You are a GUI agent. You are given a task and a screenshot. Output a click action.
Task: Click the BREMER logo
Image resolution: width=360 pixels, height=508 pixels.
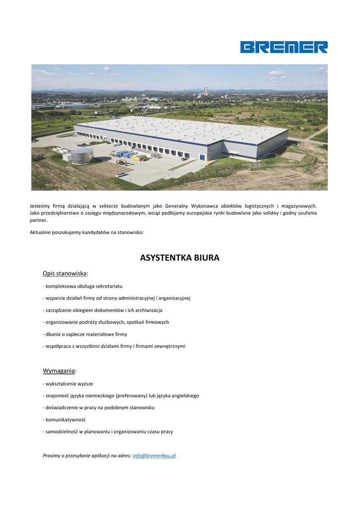click(x=284, y=47)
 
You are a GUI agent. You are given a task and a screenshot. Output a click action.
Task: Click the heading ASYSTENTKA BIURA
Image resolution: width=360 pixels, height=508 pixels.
click(x=180, y=258)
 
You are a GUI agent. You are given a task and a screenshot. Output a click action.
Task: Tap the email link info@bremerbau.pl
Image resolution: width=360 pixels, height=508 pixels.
click(x=154, y=455)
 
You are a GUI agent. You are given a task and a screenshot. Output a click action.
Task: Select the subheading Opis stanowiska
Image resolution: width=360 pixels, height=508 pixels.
click(x=65, y=273)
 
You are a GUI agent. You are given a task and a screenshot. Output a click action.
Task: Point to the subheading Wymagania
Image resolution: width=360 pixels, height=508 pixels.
click(x=60, y=371)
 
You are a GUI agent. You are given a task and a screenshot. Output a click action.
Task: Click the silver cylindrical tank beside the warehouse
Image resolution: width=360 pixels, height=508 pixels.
click(x=82, y=156)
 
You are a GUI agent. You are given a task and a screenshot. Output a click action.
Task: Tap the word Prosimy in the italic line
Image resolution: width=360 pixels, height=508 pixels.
click(x=52, y=455)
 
